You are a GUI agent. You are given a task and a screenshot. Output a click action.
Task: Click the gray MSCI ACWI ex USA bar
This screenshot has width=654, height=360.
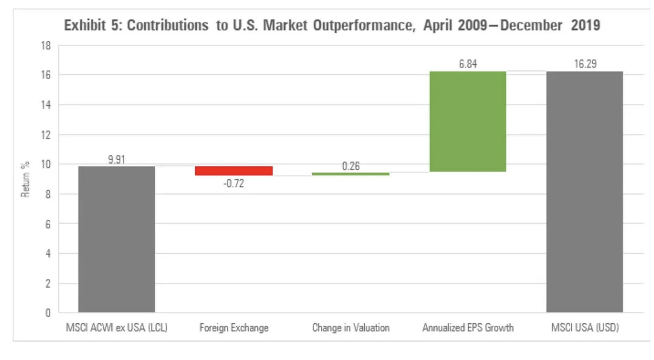(x=116, y=239)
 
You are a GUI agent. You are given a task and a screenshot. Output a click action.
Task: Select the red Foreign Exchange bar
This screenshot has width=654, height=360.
(x=233, y=171)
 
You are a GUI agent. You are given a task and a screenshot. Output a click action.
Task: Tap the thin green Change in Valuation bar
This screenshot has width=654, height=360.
(x=351, y=174)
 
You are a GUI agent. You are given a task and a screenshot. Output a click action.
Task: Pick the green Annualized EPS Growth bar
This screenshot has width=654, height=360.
(x=468, y=122)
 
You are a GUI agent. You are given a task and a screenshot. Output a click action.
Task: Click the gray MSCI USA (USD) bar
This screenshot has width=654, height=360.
(x=585, y=191)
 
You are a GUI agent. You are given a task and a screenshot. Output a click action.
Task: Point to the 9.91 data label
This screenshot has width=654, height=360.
(x=116, y=159)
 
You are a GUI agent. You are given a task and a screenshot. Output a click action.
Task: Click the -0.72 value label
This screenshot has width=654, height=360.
(x=233, y=183)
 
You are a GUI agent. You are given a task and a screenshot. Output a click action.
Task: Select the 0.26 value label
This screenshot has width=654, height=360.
(x=351, y=166)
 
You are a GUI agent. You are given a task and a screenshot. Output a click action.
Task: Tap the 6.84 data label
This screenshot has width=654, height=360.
(x=468, y=64)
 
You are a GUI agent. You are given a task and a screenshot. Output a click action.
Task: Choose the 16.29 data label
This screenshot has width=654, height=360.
(x=585, y=64)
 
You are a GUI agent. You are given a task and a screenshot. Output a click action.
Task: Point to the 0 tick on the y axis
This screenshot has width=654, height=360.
(x=49, y=313)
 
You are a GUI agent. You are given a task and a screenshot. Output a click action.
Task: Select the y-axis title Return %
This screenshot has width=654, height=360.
(x=25, y=178)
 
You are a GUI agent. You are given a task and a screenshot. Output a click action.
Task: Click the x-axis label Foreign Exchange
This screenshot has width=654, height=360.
(x=233, y=328)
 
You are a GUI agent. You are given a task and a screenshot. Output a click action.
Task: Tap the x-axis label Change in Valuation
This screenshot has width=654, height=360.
(x=351, y=328)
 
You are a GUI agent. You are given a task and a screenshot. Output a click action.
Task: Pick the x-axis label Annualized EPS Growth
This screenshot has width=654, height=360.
(x=468, y=328)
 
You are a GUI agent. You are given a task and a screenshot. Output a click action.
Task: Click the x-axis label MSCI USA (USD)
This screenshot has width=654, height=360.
(x=585, y=328)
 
